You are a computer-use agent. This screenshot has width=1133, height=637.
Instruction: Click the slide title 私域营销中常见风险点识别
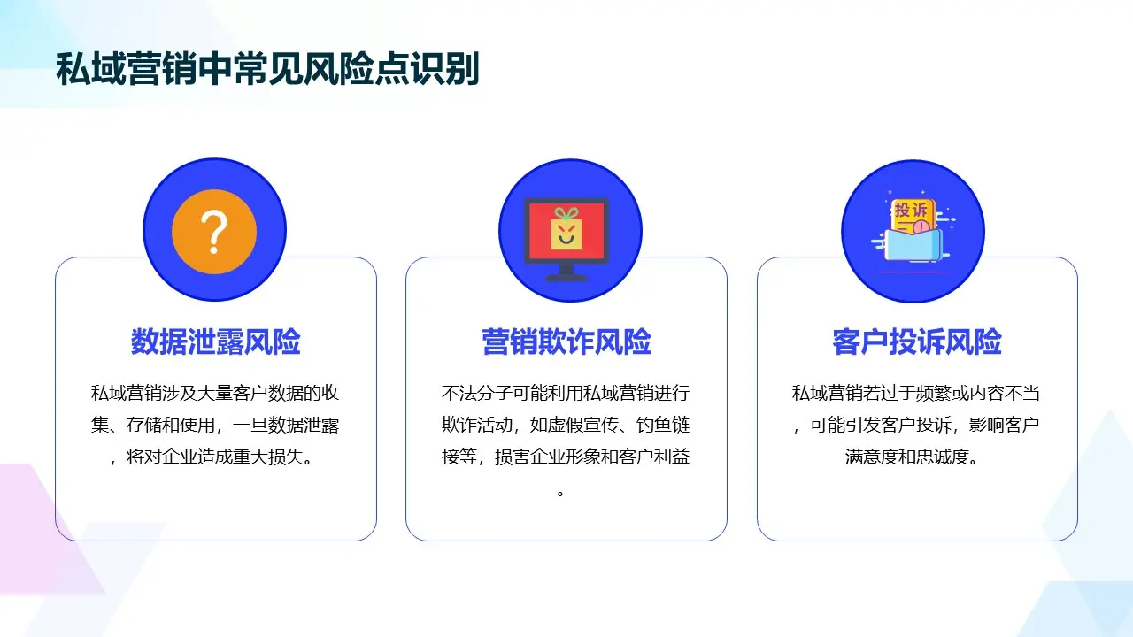tap(267, 69)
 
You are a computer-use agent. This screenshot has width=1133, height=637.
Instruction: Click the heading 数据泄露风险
tap(216, 342)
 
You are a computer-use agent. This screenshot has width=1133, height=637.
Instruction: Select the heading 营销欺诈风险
tap(566, 342)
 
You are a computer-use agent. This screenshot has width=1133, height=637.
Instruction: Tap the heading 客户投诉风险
tap(917, 342)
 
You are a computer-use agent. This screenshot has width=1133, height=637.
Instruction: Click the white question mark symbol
tap(214, 232)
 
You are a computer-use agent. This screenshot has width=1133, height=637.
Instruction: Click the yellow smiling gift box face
tap(566, 235)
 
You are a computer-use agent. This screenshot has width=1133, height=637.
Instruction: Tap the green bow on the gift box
tap(566, 213)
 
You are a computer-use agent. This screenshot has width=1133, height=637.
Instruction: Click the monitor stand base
tap(566, 278)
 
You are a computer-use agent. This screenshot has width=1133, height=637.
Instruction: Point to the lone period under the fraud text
tap(560, 493)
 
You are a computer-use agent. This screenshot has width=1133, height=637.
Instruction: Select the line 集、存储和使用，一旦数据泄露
tap(215, 426)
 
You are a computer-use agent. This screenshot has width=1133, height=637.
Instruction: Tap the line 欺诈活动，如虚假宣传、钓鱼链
tap(566, 426)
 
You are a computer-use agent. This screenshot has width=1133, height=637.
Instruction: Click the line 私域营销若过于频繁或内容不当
tap(916, 393)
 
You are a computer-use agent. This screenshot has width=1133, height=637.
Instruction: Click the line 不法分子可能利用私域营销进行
tap(566, 393)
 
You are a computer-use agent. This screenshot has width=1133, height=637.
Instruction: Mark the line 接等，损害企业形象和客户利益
tap(566, 458)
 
